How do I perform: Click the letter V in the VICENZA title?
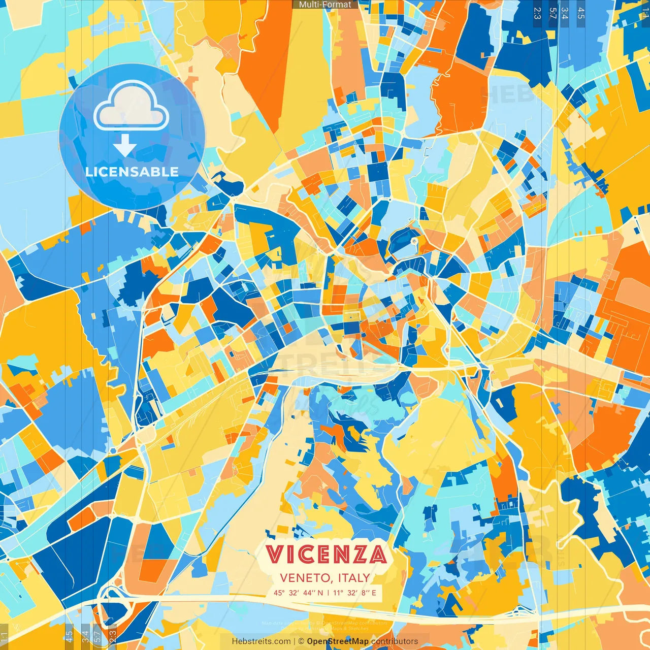pyautogui.click(x=274, y=555)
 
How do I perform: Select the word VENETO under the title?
pyautogui.click(x=303, y=578)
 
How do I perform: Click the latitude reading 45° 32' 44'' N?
pyautogui.click(x=299, y=593)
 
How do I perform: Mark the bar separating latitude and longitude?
pyautogui.click(x=328, y=593)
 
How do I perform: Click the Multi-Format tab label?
pyautogui.click(x=325, y=5)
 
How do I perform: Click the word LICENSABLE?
pyautogui.click(x=132, y=172)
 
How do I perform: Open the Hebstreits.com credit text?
pyautogui.click(x=262, y=641)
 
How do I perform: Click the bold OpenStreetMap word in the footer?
pyautogui.click(x=338, y=641)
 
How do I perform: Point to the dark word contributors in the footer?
pyautogui.click(x=395, y=641)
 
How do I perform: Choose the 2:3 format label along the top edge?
pyautogui.click(x=537, y=13)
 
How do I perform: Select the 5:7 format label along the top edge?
pyautogui.click(x=552, y=13)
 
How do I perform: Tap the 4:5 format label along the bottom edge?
pyautogui.click(x=69, y=635)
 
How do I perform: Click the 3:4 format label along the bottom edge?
pyautogui.click(x=85, y=635)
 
